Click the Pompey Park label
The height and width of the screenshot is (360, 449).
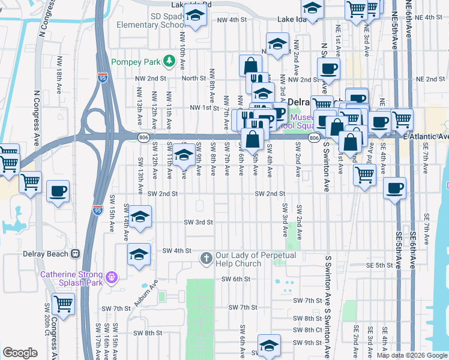point(138,61)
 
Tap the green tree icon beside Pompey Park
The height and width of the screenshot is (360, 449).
point(170,61)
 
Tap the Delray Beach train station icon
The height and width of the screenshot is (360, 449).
point(76,253)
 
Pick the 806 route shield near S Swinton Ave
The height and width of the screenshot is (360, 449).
point(314,138)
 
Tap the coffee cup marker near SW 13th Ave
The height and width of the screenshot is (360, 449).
point(58,192)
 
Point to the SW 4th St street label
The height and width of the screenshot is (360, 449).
point(176,250)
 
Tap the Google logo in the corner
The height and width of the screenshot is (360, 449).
point(20,353)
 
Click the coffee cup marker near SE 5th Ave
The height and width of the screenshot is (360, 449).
point(394,188)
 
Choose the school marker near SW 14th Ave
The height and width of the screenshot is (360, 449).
point(139,218)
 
